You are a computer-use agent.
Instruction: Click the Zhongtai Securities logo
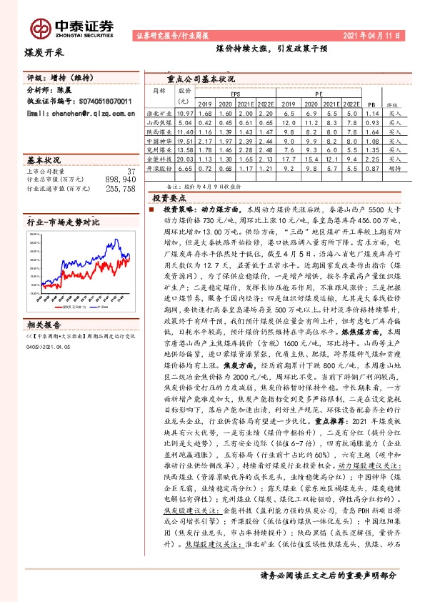72,27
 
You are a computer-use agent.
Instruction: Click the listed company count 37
130,171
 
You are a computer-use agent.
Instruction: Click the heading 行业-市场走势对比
63,223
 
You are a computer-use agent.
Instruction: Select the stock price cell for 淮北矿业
185,113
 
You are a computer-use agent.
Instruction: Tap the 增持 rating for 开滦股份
393,169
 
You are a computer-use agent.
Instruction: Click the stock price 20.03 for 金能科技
185,159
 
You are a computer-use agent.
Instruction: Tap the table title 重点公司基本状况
201,79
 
